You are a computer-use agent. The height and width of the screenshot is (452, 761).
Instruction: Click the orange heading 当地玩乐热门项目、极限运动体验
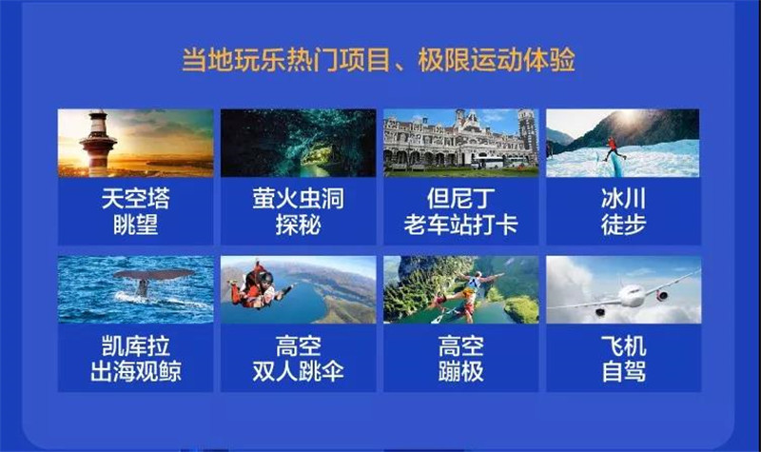378,60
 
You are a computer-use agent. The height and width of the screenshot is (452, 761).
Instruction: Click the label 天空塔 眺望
135,211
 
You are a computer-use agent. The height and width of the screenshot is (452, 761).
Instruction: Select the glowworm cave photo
298,143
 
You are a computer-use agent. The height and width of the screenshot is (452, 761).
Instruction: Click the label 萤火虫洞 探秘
298,211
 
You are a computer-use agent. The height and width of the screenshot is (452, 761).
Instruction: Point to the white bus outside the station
489,162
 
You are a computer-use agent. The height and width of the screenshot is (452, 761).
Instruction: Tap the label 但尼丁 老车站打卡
460,211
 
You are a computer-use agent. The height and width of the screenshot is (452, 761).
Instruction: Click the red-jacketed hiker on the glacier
614,149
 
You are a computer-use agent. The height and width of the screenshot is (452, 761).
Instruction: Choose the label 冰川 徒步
623,211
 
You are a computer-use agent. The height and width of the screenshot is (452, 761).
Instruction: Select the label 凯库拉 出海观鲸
135,359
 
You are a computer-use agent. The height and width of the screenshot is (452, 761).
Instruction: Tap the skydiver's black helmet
266,278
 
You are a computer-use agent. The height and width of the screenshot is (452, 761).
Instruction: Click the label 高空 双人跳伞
298,359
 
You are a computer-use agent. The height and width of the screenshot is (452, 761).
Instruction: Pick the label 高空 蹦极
460,359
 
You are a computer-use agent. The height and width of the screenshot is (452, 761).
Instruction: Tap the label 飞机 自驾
623,359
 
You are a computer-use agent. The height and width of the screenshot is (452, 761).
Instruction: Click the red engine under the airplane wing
662,296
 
